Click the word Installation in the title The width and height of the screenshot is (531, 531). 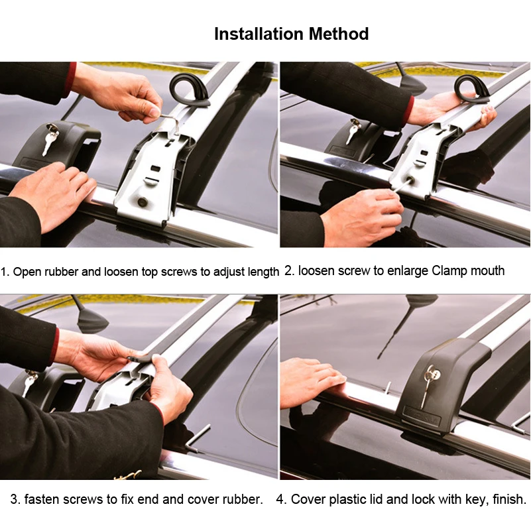coord(259,34)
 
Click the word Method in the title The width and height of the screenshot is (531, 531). coord(338,34)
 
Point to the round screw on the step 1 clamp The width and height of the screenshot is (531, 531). coord(143,202)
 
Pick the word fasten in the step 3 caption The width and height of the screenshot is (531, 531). coord(42,499)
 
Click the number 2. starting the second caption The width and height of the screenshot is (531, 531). coord(289,270)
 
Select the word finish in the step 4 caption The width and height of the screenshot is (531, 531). coord(508,499)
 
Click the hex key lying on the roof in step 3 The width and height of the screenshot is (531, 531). coord(197,438)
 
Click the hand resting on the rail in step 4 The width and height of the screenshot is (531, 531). coord(312,383)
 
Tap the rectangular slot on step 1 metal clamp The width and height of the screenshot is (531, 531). coord(155,168)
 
